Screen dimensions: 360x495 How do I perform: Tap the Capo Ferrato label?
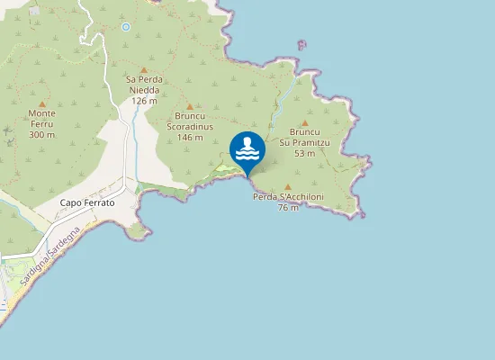coord(87,203)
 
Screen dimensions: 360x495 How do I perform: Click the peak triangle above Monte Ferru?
coord(42,104)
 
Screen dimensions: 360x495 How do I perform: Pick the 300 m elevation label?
coord(42,135)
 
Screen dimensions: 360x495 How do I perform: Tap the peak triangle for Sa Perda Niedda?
coord(143,69)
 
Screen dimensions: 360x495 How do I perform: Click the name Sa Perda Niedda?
coord(142,85)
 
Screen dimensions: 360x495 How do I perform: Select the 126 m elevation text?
coord(144,101)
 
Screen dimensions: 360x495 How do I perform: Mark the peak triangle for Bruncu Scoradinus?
coord(189,105)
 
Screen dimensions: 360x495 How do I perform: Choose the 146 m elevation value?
coord(190,137)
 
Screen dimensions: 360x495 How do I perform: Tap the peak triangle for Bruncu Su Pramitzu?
coord(304,122)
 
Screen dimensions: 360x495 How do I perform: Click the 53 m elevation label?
coord(304,153)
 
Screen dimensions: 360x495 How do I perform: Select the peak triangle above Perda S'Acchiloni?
coord(288,186)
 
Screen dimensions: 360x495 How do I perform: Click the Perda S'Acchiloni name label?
coord(288,197)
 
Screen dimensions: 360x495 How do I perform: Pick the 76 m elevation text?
coord(288,208)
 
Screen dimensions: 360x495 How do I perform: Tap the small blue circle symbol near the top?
coord(126,27)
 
